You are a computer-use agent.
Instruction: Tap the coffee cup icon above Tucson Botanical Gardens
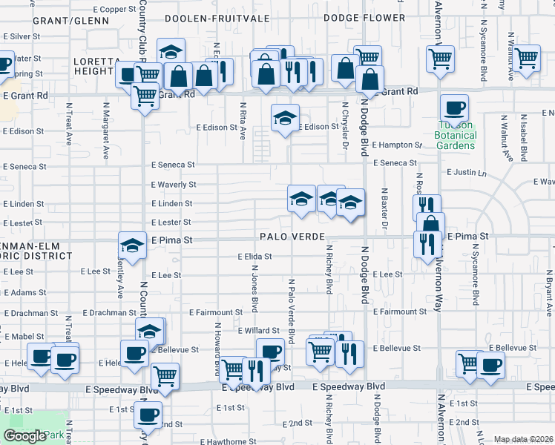coord(454,108)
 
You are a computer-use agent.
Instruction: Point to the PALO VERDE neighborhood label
coord(293,237)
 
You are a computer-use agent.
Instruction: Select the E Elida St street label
coord(254,257)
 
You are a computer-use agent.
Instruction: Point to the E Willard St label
coord(257,330)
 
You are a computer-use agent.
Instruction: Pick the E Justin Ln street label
coord(467,173)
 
